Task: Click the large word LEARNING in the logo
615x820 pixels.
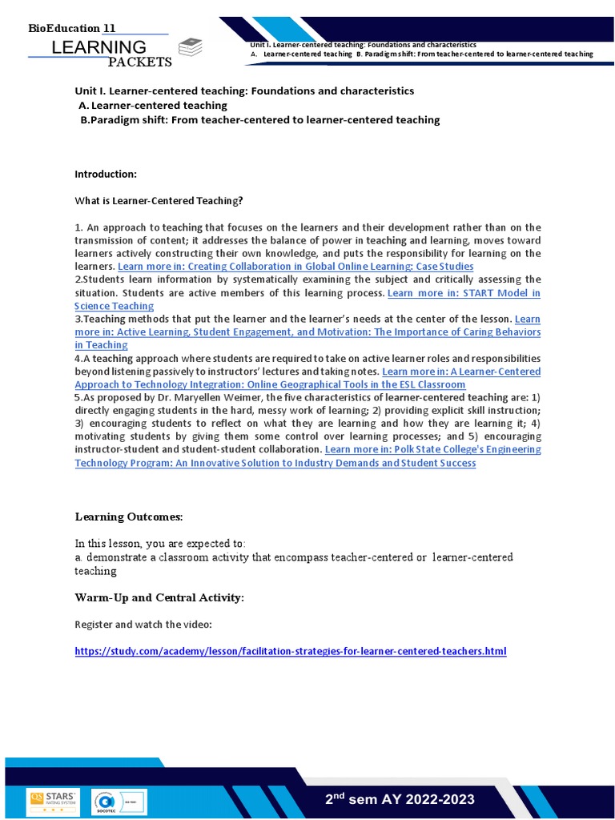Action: click(x=98, y=47)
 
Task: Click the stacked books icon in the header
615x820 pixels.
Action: click(x=191, y=46)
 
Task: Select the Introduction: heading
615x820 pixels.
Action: click(x=106, y=174)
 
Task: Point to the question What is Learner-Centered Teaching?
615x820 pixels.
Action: click(x=159, y=200)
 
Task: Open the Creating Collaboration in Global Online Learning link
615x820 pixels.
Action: click(x=295, y=266)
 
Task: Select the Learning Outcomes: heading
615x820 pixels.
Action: click(x=129, y=517)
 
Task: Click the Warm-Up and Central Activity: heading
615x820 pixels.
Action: click(x=159, y=597)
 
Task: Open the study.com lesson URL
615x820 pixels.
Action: click(x=291, y=651)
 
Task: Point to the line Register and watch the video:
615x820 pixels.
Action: click(x=143, y=624)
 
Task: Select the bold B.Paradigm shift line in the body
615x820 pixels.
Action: click(x=260, y=119)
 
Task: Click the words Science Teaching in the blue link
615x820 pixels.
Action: click(x=115, y=306)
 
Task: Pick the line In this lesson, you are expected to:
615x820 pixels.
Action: click(x=161, y=543)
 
